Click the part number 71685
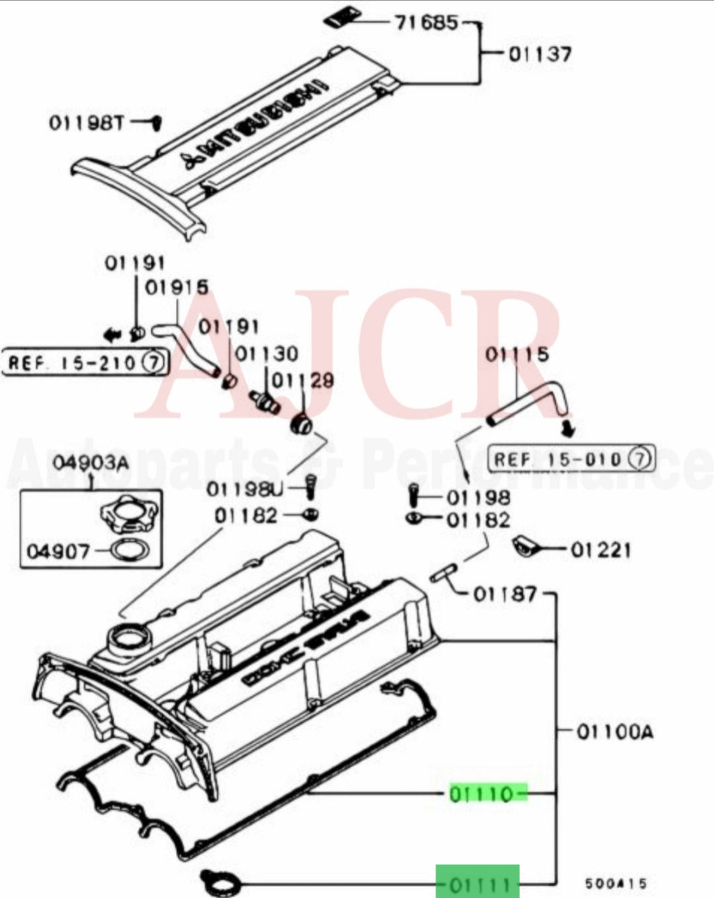point(426,23)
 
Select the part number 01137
point(540,54)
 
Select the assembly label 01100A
point(615,731)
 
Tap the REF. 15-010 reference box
point(571,459)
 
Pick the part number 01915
point(177,287)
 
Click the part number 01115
point(517,355)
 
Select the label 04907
point(57,550)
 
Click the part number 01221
point(600,550)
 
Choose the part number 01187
point(505,594)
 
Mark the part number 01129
point(303,381)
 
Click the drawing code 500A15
point(615,883)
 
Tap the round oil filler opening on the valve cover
point(128,638)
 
